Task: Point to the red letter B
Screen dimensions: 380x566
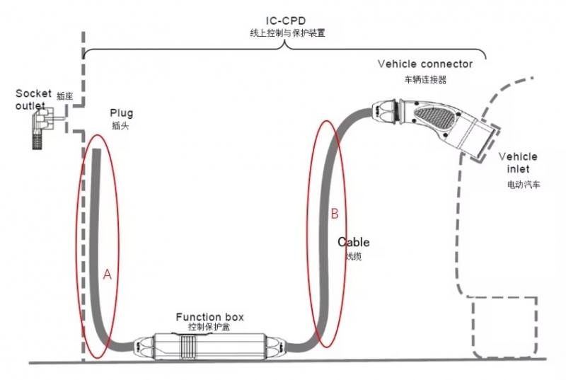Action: [x=335, y=212]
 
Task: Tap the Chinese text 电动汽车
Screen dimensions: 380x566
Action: [x=523, y=185]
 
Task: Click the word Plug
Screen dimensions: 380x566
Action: [x=121, y=113]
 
